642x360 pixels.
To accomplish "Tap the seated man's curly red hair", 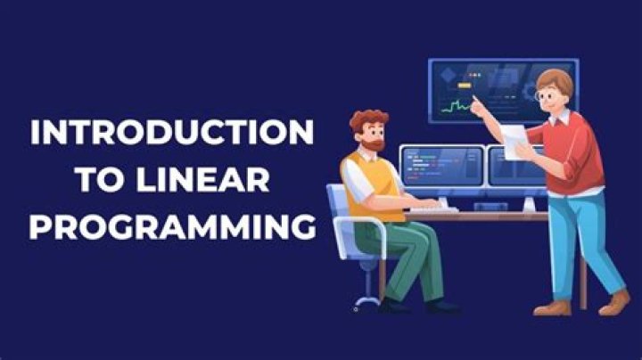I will click(366, 119).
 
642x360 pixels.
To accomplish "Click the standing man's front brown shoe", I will click(550, 307).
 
